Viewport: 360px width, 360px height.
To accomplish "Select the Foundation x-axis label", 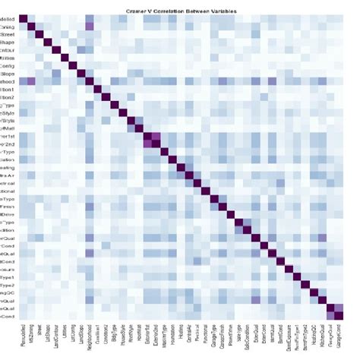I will [x=174, y=337].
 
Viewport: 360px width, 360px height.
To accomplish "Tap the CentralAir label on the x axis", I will [x=191, y=336].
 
